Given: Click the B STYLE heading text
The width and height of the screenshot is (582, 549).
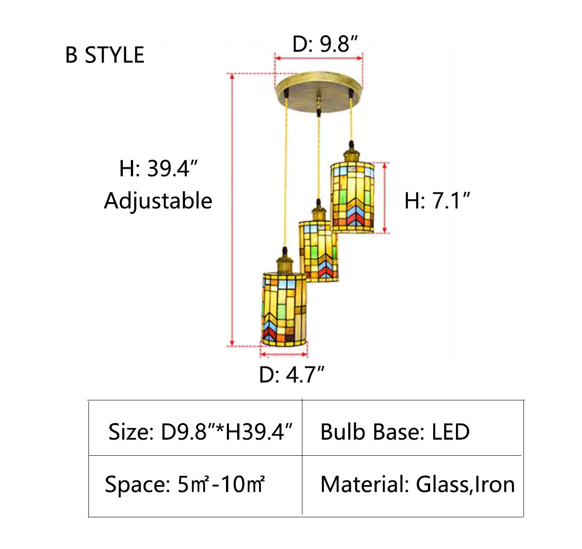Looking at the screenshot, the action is click(x=105, y=55).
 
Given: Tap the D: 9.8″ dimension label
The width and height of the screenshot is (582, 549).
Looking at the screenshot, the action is click(x=325, y=44).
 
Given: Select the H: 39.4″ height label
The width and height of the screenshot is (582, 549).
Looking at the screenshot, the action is click(x=158, y=169).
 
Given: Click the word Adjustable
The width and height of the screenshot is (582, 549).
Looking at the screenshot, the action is click(x=158, y=201).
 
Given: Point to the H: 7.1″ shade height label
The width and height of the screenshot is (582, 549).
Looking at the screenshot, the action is click(x=437, y=201).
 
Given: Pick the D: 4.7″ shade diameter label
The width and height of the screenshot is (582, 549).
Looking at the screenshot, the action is click(x=292, y=374).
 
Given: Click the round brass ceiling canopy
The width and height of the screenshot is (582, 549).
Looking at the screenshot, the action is click(x=318, y=91).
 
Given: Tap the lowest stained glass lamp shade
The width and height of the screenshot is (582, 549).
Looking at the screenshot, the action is click(x=284, y=309).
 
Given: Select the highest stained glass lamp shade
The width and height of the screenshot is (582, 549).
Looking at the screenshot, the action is click(x=352, y=198).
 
